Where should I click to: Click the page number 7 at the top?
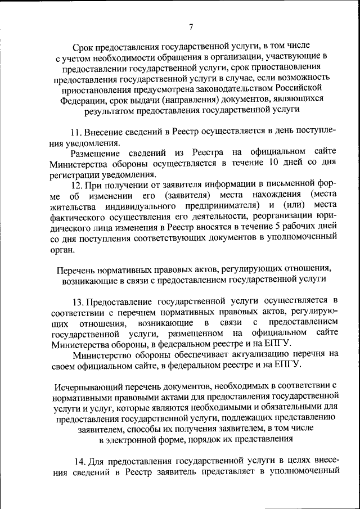[x=191, y=26]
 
